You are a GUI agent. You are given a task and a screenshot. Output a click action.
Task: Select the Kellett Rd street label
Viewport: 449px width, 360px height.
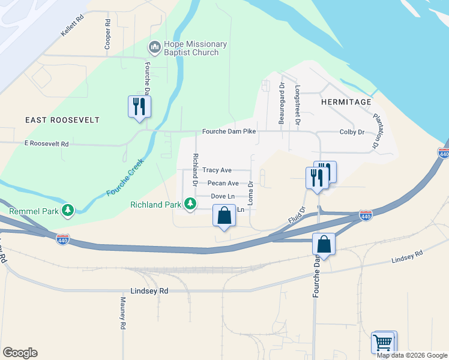point(71,26)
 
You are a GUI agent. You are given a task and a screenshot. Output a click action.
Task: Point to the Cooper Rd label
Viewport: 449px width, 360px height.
point(107,35)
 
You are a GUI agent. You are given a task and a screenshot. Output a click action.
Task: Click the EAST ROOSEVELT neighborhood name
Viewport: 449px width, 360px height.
point(62,120)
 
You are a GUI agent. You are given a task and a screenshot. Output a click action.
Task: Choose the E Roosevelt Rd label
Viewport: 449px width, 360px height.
point(46,144)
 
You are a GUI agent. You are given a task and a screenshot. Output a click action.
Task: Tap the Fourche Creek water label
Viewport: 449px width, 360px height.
point(125,178)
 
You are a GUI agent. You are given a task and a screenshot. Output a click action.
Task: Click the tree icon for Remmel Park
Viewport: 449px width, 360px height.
point(68,210)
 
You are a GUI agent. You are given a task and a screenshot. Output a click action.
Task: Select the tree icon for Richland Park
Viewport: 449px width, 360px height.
point(190,204)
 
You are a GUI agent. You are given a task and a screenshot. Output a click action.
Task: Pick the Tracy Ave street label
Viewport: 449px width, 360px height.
point(217,170)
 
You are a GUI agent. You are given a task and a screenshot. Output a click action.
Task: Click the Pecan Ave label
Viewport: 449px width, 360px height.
point(223,184)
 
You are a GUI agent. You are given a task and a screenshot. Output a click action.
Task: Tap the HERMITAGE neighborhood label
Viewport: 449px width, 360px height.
point(346,102)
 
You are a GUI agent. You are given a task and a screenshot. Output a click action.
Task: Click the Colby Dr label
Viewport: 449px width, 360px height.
point(352,132)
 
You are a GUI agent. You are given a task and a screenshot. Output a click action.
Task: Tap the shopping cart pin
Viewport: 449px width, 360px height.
point(384,343)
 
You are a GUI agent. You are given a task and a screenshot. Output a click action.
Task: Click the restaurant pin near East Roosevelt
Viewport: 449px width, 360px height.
point(139,107)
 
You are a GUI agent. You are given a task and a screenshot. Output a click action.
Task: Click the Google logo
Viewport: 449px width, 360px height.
point(20,353)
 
